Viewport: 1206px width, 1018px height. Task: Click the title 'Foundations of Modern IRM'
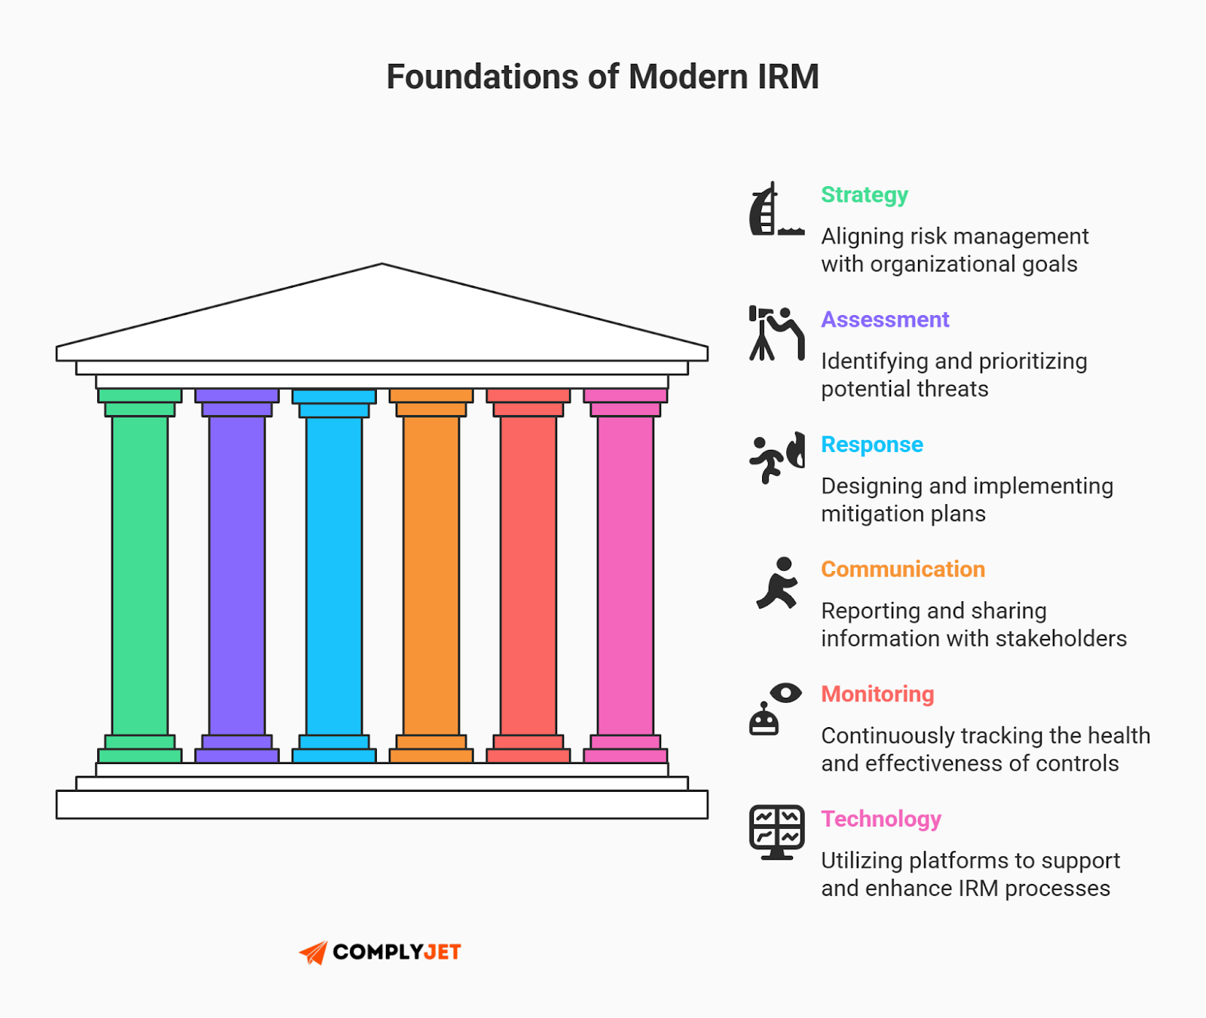click(602, 77)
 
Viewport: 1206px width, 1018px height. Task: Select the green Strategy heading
click(864, 195)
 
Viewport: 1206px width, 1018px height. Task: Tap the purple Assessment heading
click(884, 320)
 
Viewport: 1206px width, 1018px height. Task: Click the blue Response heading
click(871, 445)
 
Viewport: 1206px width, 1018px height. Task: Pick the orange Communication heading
click(902, 570)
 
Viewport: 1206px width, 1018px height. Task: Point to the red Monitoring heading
click(877, 694)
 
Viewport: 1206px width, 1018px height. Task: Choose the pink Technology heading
click(880, 819)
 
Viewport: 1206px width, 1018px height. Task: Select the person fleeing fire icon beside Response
click(776, 457)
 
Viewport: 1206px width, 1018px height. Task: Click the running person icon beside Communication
click(778, 583)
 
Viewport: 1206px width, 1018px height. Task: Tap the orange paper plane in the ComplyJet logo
click(314, 952)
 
